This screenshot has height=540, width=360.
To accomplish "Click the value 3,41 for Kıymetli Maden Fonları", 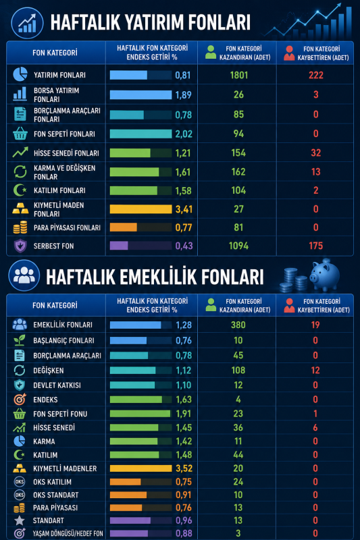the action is pyautogui.click(x=184, y=209).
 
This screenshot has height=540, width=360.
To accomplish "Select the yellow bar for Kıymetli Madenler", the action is pyautogui.click(x=140, y=468).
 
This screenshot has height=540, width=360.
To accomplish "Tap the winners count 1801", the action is pyautogui.click(x=238, y=75).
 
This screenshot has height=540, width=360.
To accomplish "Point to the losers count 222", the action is pyautogui.click(x=316, y=75).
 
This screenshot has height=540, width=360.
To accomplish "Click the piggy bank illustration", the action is pyautogui.click(x=324, y=275).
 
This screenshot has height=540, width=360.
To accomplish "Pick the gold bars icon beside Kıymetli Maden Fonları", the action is pyautogui.click(x=20, y=209).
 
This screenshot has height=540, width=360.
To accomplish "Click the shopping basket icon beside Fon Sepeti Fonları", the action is pyautogui.click(x=20, y=134).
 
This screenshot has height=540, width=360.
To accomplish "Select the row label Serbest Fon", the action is pyautogui.click(x=54, y=246).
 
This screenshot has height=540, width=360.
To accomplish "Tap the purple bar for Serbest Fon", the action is pyautogui.click(x=119, y=246).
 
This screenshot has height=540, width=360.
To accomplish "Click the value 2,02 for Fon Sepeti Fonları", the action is pyautogui.click(x=184, y=134).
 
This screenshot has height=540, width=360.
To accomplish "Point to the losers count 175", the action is pyautogui.click(x=316, y=246).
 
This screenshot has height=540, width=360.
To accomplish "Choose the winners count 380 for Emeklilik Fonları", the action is pyautogui.click(x=238, y=325).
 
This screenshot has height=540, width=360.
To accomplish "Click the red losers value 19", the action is pyautogui.click(x=315, y=325).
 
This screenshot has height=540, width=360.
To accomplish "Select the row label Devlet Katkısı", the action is pyautogui.click(x=57, y=385).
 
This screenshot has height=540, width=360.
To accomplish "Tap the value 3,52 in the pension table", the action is pyautogui.click(x=184, y=468).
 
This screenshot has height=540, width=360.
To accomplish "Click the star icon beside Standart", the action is pyautogui.click(x=20, y=520).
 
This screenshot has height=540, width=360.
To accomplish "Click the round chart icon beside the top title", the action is pyautogui.click(x=27, y=23).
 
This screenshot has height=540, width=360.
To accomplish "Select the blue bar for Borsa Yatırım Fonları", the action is pyautogui.click(x=140, y=94).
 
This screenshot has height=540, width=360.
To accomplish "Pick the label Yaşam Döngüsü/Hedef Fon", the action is pyautogui.click(x=68, y=533).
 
